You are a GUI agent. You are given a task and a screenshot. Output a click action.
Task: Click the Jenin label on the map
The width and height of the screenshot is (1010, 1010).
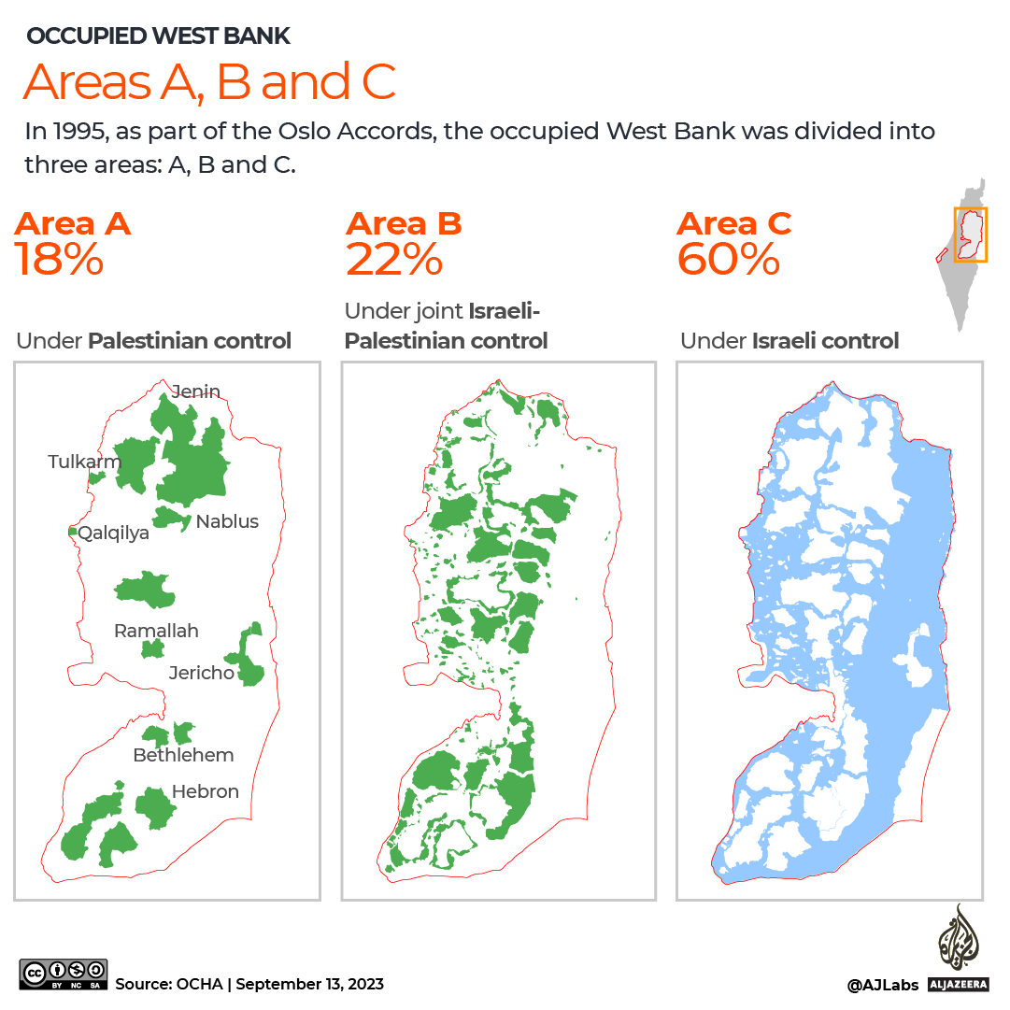(196, 391)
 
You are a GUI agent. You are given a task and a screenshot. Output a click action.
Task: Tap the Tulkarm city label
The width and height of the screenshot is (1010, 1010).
(85, 462)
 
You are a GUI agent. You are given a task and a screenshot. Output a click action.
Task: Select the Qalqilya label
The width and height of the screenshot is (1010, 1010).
(114, 533)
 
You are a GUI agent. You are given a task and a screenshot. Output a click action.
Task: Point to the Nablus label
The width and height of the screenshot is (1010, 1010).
(227, 521)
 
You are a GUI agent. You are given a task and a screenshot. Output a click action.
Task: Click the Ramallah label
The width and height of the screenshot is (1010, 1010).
(156, 631)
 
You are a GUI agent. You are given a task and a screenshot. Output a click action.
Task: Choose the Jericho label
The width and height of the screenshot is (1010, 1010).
(201, 673)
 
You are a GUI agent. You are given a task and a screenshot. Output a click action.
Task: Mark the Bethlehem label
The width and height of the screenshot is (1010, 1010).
(183, 755)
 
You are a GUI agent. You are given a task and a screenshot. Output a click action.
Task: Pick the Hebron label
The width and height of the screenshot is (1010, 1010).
(206, 791)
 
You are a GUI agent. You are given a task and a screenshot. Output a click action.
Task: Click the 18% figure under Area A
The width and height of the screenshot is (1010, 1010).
(59, 260)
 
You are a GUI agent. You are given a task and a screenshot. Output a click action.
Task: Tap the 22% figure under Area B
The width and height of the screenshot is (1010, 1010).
(393, 260)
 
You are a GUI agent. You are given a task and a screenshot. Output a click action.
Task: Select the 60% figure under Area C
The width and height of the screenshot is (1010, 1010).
(728, 260)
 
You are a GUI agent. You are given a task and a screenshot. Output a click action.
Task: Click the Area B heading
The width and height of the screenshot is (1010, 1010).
(404, 224)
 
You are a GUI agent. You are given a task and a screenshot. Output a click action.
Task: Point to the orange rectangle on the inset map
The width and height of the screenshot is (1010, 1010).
(970, 235)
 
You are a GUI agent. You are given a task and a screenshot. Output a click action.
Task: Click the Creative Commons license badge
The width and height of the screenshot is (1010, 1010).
(64, 974)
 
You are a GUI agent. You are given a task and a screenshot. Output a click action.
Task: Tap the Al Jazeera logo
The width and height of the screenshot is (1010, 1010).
(955, 948)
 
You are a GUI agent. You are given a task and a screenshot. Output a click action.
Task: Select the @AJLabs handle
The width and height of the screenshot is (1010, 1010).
(882, 985)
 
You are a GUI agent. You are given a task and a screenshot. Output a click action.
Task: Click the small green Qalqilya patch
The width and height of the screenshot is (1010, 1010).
(72, 532)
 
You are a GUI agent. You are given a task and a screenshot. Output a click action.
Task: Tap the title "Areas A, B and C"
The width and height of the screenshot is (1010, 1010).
(209, 82)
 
